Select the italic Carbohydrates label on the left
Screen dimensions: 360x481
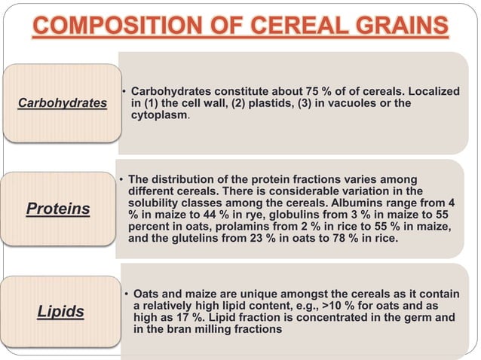(x=63, y=102)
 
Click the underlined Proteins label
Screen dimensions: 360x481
(x=58, y=209)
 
